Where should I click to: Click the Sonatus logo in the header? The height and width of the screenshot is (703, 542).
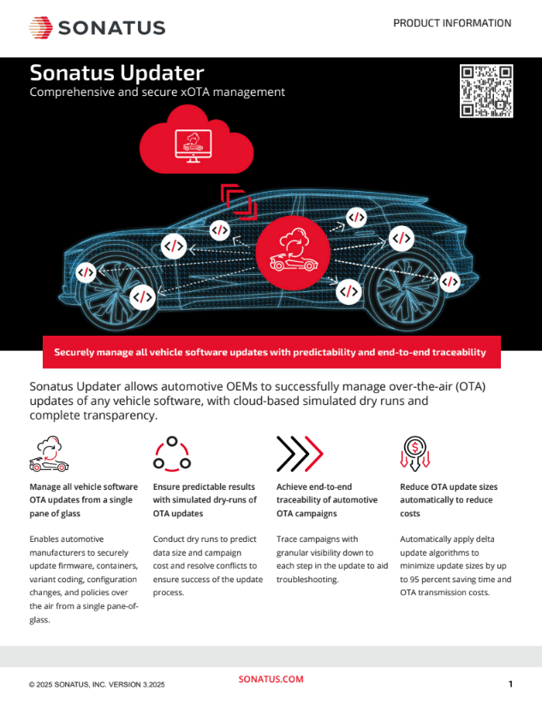(x=98, y=27)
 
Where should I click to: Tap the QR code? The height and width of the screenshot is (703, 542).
(x=486, y=91)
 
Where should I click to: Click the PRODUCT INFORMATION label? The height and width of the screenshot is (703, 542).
(x=452, y=23)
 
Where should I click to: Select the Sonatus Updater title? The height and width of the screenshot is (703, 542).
(x=117, y=73)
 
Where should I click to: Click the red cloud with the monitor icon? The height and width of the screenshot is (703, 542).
(x=196, y=140)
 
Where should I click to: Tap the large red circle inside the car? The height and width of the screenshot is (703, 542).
(x=293, y=253)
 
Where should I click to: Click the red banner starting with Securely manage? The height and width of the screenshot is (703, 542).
(x=271, y=352)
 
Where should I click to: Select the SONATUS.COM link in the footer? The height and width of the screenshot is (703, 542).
(x=271, y=679)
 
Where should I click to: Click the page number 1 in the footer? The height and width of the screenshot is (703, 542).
(x=510, y=683)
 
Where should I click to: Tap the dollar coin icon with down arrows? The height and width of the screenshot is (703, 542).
(x=414, y=454)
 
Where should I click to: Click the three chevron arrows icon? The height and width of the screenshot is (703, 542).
(x=300, y=454)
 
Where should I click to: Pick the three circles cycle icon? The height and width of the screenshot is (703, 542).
(x=172, y=454)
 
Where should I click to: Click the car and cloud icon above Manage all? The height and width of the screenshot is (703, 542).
(x=50, y=454)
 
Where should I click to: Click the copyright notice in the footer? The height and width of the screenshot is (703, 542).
(x=97, y=685)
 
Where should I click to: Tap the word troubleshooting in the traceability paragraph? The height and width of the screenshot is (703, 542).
(x=307, y=579)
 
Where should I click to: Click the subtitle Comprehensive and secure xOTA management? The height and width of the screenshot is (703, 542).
(x=158, y=92)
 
